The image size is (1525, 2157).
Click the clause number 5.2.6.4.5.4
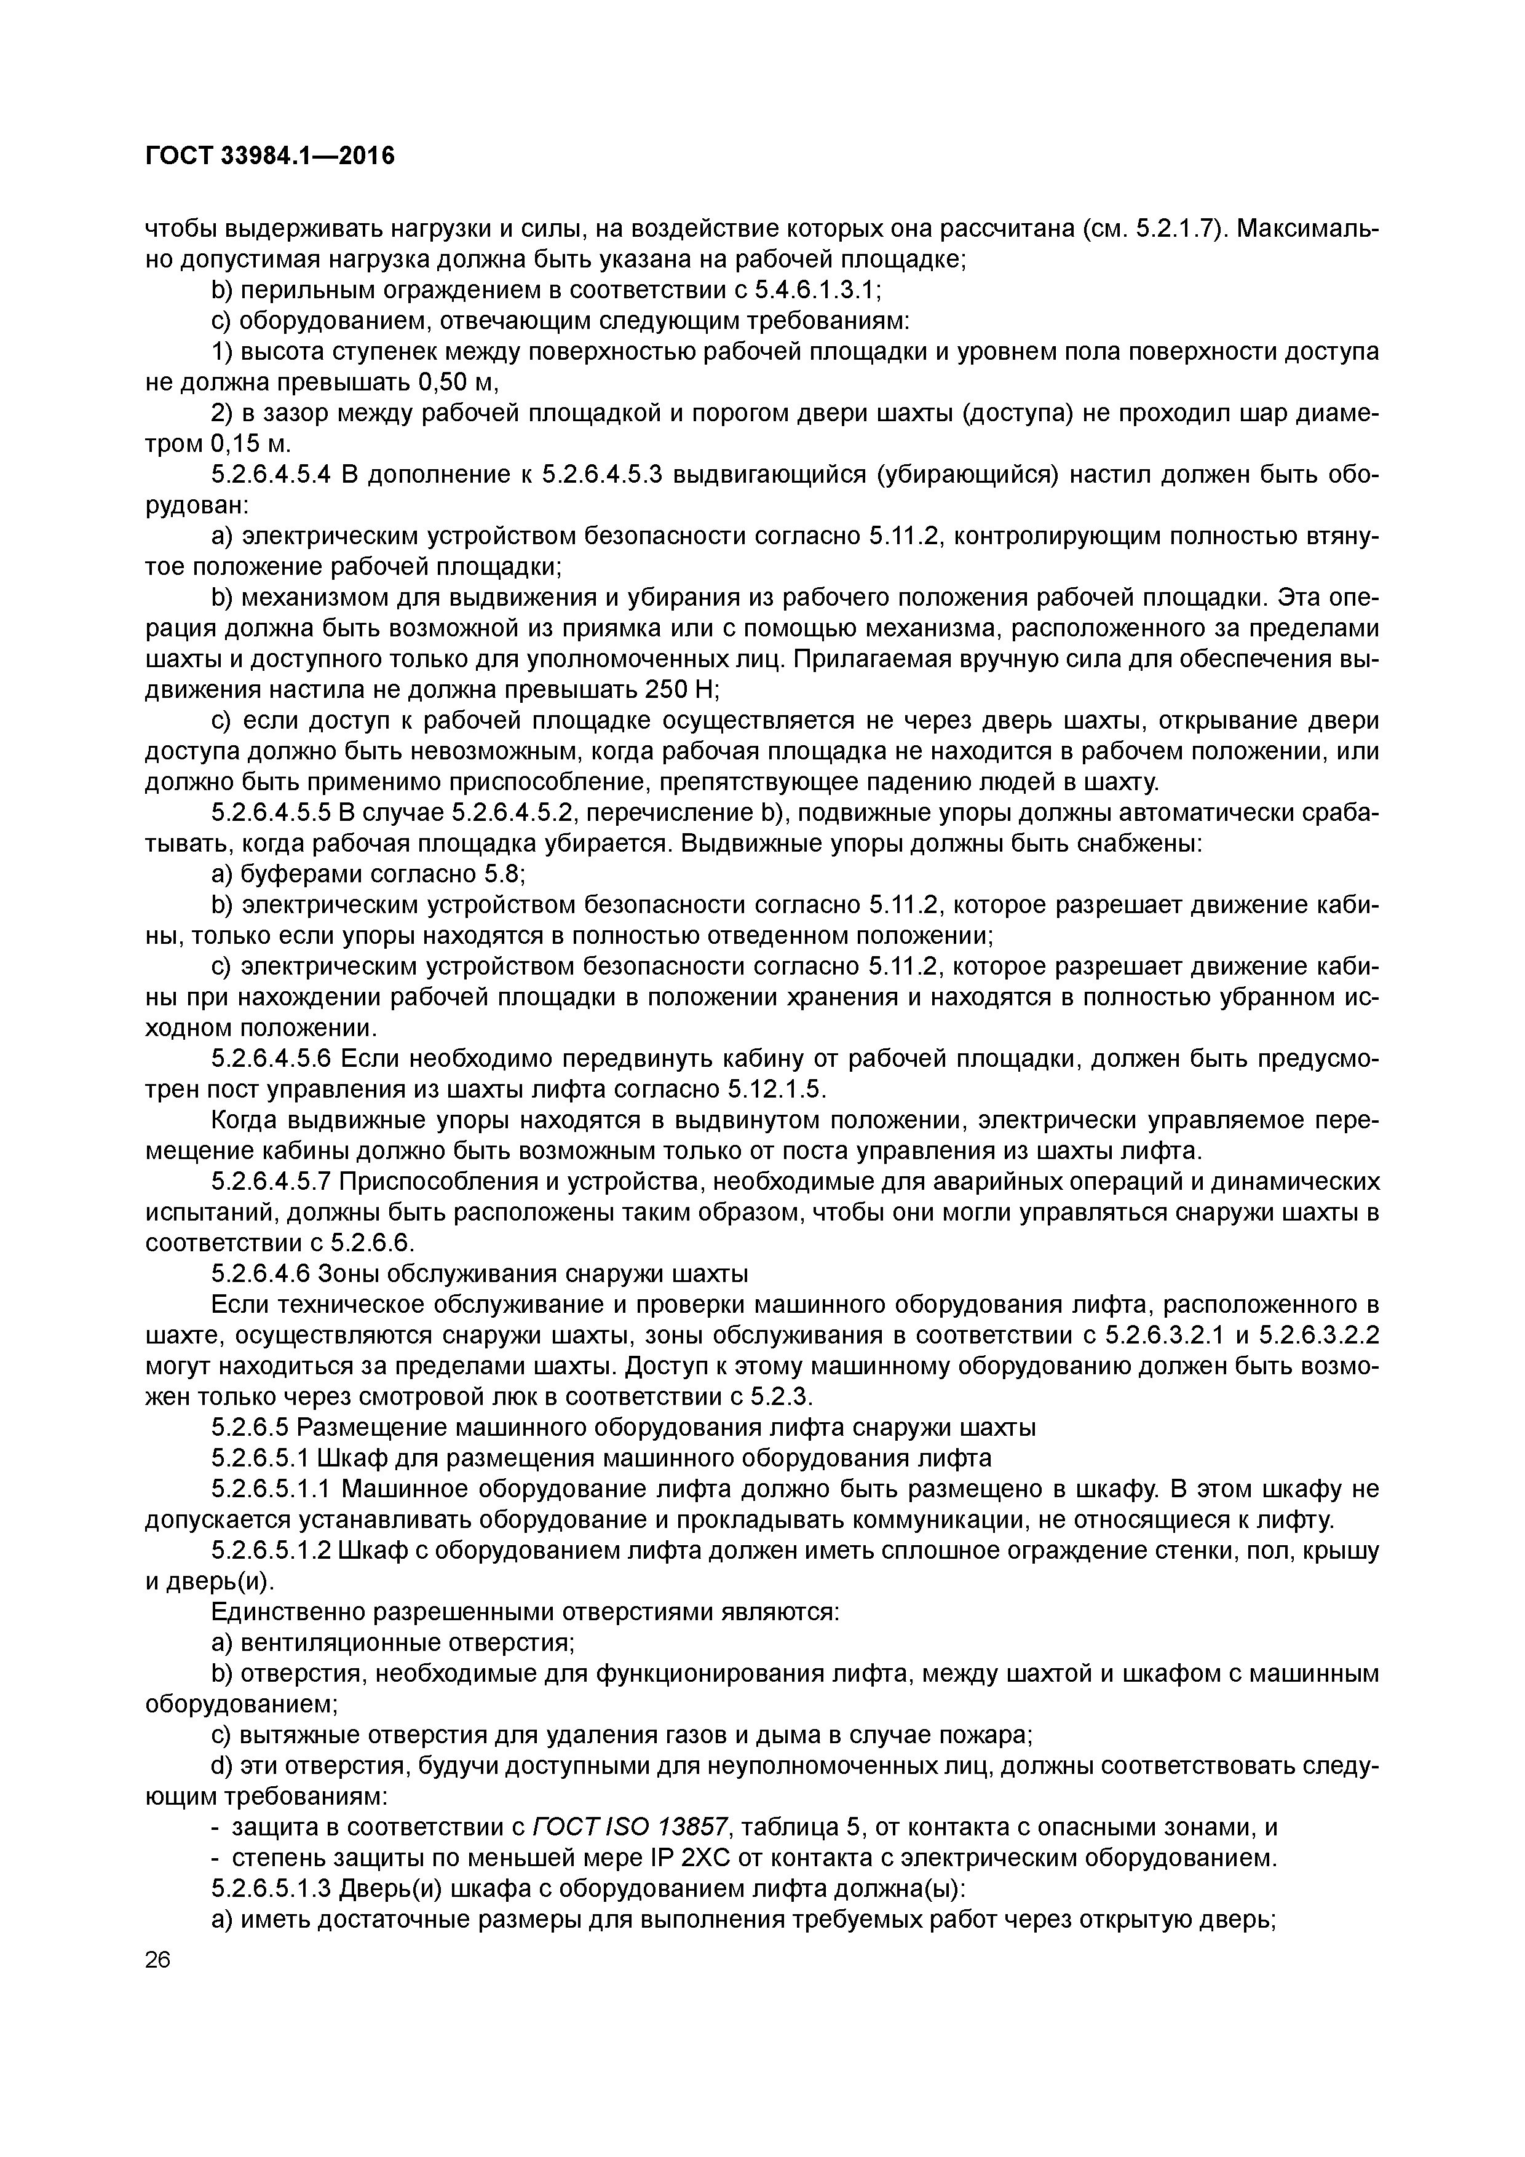click(x=272, y=475)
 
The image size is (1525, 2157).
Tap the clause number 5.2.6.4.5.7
click(x=272, y=1182)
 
